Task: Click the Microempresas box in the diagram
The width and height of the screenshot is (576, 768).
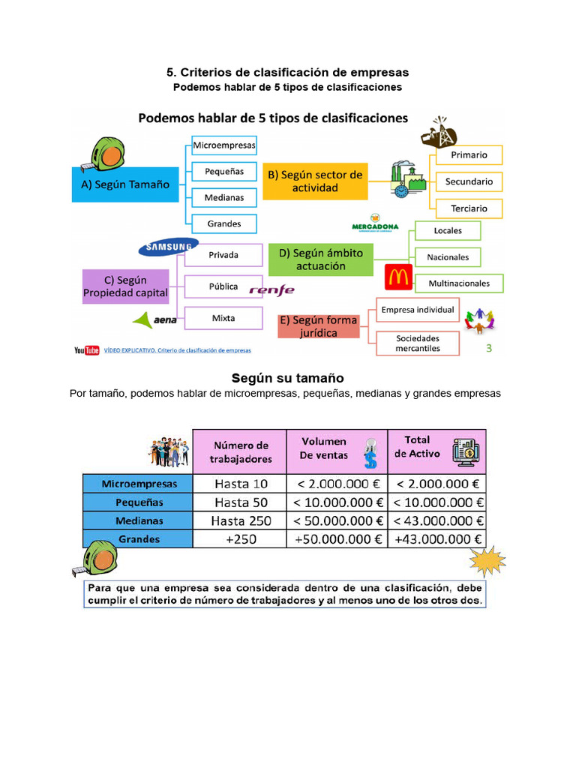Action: pos(223,145)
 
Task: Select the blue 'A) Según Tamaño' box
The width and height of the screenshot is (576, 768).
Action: pos(125,184)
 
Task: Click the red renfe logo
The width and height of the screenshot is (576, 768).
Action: pos(271,290)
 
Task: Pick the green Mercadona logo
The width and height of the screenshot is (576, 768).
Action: pos(375,226)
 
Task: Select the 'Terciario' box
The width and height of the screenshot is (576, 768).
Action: pos(469,208)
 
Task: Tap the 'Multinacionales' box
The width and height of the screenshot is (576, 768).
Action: pos(459,283)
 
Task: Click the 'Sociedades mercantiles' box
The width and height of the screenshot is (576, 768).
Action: pos(418,343)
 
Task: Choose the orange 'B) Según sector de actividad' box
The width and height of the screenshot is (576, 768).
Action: pos(314,181)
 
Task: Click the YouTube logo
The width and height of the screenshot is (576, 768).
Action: pos(87,349)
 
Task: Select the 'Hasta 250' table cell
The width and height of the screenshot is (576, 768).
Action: pos(241,520)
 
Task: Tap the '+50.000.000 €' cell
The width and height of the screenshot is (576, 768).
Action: pos(337,539)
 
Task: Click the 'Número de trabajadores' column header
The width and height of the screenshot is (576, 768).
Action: pos(240,451)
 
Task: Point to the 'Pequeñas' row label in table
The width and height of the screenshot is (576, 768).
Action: pos(139,502)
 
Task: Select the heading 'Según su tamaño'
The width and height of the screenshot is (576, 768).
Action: pos(288,378)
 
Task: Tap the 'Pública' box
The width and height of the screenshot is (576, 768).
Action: pos(223,286)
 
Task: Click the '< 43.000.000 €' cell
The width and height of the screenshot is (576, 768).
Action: pos(438,520)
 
